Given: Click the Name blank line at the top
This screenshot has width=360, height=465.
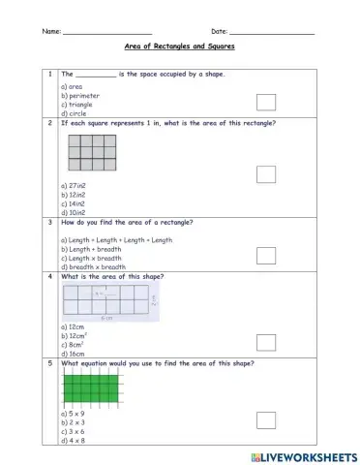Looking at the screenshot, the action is (105, 33).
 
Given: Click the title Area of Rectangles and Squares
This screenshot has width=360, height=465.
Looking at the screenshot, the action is (180, 46).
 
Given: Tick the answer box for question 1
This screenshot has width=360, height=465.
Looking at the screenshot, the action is (266, 103).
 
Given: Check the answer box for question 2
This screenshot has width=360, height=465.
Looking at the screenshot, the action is (266, 174).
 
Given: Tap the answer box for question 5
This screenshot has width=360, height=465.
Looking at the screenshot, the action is (266, 420).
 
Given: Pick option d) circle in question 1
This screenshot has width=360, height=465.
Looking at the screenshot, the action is (74, 113).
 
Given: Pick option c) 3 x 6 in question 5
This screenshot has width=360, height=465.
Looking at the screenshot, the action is (74, 431).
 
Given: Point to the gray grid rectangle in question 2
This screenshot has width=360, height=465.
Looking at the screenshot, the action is (92, 152).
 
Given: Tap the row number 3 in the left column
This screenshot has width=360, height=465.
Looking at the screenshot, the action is (48, 223).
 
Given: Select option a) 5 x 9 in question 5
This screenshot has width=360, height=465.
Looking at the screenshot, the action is (74, 415).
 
